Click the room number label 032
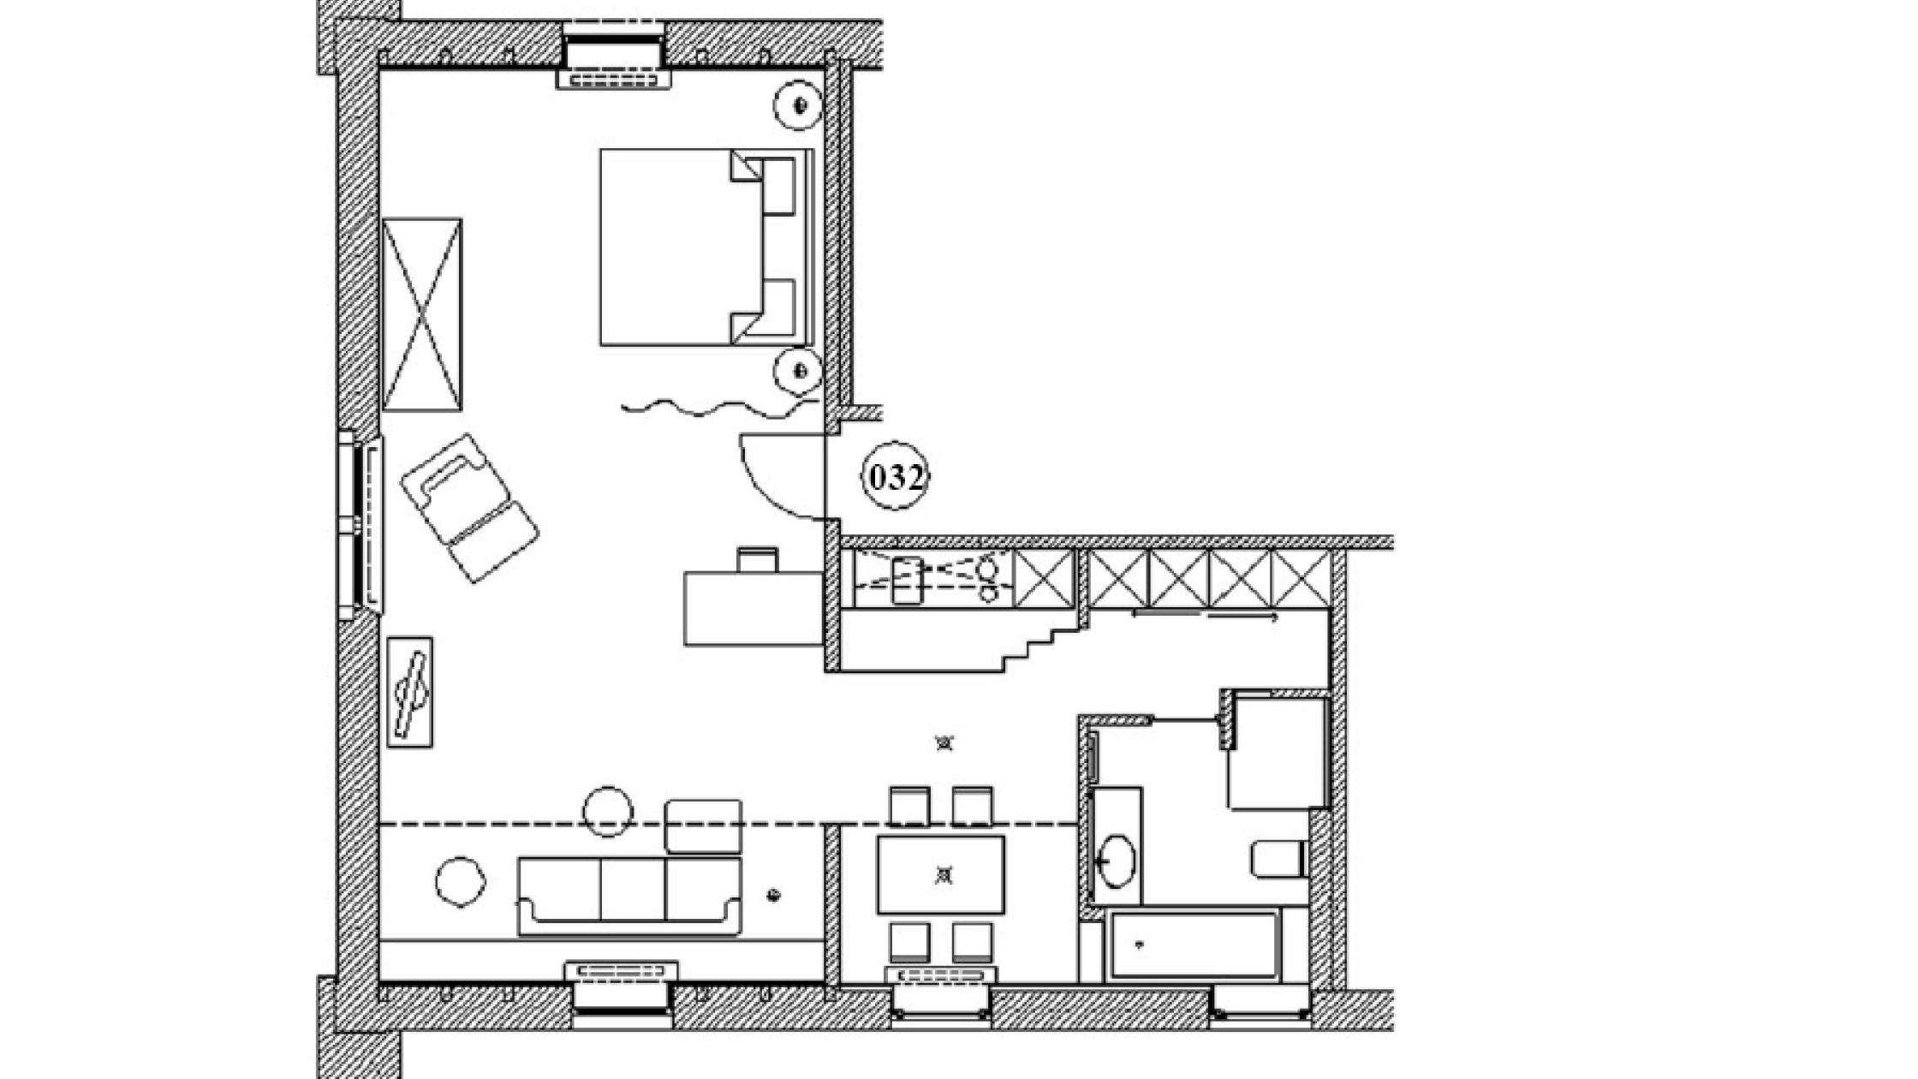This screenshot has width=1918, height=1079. point(896,477)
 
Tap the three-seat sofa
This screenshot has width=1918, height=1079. point(629,896)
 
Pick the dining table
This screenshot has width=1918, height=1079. point(941,874)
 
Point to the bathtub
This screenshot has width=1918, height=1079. point(1194,945)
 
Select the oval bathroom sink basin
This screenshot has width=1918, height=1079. point(1117,861)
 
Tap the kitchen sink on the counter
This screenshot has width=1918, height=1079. point(907,580)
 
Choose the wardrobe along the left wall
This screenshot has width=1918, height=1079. point(421,314)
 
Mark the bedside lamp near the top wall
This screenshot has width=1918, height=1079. point(798,104)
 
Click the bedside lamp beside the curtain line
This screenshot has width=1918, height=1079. point(798,371)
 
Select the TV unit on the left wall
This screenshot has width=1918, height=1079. point(409,692)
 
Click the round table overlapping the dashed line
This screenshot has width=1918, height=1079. point(608,810)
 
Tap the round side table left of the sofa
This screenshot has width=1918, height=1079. point(460,881)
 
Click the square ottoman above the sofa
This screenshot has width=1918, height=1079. point(703,826)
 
